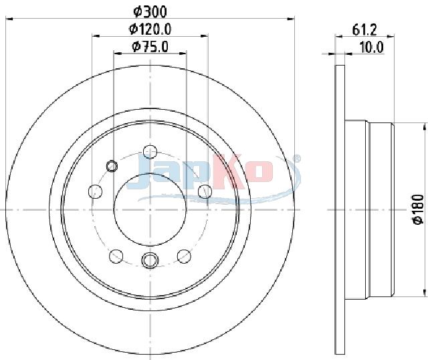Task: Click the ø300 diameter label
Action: (150, 11)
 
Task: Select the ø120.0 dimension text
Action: (150, 29)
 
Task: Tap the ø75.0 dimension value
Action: (150, 46)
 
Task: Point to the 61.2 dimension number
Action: (364, 29)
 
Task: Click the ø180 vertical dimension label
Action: (419, 209)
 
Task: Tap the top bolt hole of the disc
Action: (150, 152)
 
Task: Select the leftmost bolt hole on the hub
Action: (95, 191)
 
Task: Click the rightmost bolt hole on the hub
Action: (205, 191)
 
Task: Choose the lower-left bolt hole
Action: (116, 256)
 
